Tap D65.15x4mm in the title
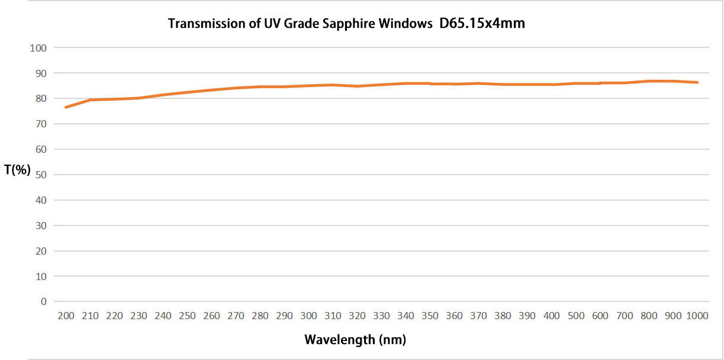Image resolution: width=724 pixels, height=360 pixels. click(x=482, y=24)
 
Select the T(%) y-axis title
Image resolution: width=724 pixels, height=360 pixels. click(x=17, y=170)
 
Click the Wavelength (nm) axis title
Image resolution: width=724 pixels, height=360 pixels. click(x=355, y=339)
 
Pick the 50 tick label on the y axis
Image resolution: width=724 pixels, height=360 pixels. click(x=40, y=175)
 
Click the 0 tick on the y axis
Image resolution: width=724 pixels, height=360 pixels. click(x=43, y=301)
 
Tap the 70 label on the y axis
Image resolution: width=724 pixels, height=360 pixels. click(x=40, y=124)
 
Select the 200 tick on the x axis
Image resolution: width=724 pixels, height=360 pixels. click(x=66, y=316)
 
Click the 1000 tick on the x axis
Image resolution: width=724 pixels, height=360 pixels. click(x=697, y=316)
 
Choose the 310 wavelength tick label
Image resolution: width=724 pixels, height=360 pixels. click(x=333, y=316)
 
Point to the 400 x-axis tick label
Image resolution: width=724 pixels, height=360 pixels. click(x=551, y=316)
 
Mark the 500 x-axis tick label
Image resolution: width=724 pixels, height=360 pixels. click(x=575, y=316)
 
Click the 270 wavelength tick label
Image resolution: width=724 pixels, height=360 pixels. click(x=236, y=316)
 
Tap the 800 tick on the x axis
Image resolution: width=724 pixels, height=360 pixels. click(x=648, y=316)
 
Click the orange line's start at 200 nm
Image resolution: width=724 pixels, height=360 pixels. click(x=66, y=107)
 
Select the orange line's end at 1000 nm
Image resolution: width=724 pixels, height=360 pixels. click(x=697, y=82)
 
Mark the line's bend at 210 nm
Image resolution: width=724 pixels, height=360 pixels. click(x=90, y=100)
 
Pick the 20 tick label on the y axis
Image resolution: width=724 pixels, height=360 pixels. click(x=40, y=250)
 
